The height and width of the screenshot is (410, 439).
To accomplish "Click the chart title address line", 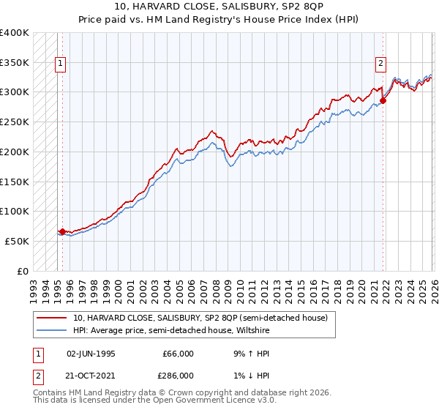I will point(219,6).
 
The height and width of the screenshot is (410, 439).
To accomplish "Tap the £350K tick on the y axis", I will point(15,63).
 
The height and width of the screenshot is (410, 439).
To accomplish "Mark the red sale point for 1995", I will point(62,231).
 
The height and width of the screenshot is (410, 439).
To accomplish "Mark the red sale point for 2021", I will point(383,100).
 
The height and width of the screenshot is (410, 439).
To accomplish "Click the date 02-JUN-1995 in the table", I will point(91,353).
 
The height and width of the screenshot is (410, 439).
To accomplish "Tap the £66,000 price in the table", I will point(178,353).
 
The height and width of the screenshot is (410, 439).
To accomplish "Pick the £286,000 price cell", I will point(178,375).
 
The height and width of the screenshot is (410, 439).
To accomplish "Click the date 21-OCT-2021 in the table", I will point(91,375).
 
